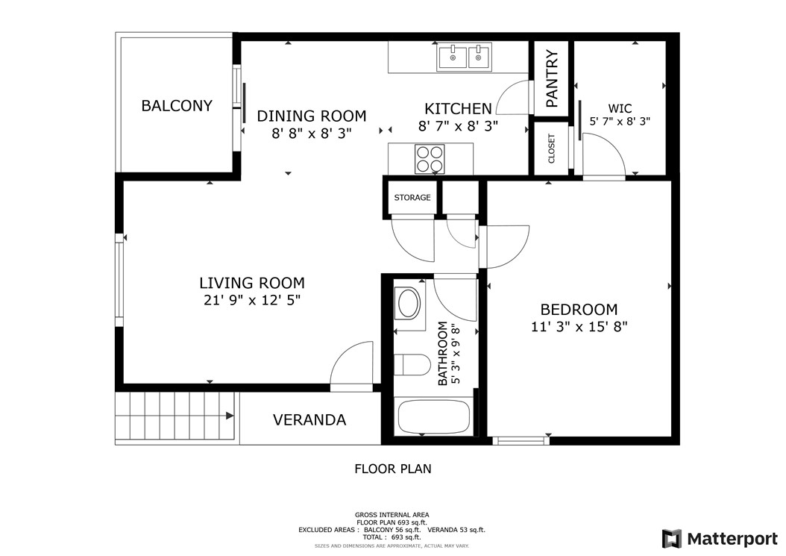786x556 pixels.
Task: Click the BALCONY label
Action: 177,106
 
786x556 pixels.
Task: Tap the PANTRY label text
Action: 551,78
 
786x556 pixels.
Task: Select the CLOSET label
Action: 551,149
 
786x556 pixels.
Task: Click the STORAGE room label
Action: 412,198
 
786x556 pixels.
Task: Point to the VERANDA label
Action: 309,420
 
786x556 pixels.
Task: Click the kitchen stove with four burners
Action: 430,159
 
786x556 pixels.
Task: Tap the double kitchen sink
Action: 465,57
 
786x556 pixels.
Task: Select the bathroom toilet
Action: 412,365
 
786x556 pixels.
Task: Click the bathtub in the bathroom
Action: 434,417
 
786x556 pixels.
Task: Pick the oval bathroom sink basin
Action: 409,303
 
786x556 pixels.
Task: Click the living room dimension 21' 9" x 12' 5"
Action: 251,300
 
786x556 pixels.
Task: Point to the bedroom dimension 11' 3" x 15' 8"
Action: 579,327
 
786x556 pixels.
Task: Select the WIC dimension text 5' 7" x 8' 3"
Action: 620,121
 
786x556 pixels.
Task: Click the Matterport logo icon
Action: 672,539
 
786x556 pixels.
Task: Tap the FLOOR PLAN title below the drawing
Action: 393,469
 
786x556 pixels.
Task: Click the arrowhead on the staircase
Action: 230,416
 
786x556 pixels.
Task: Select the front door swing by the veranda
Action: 351,363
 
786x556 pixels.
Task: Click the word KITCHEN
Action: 458,109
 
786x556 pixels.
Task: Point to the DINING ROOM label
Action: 311,116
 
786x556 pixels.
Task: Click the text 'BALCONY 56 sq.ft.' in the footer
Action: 392,529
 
